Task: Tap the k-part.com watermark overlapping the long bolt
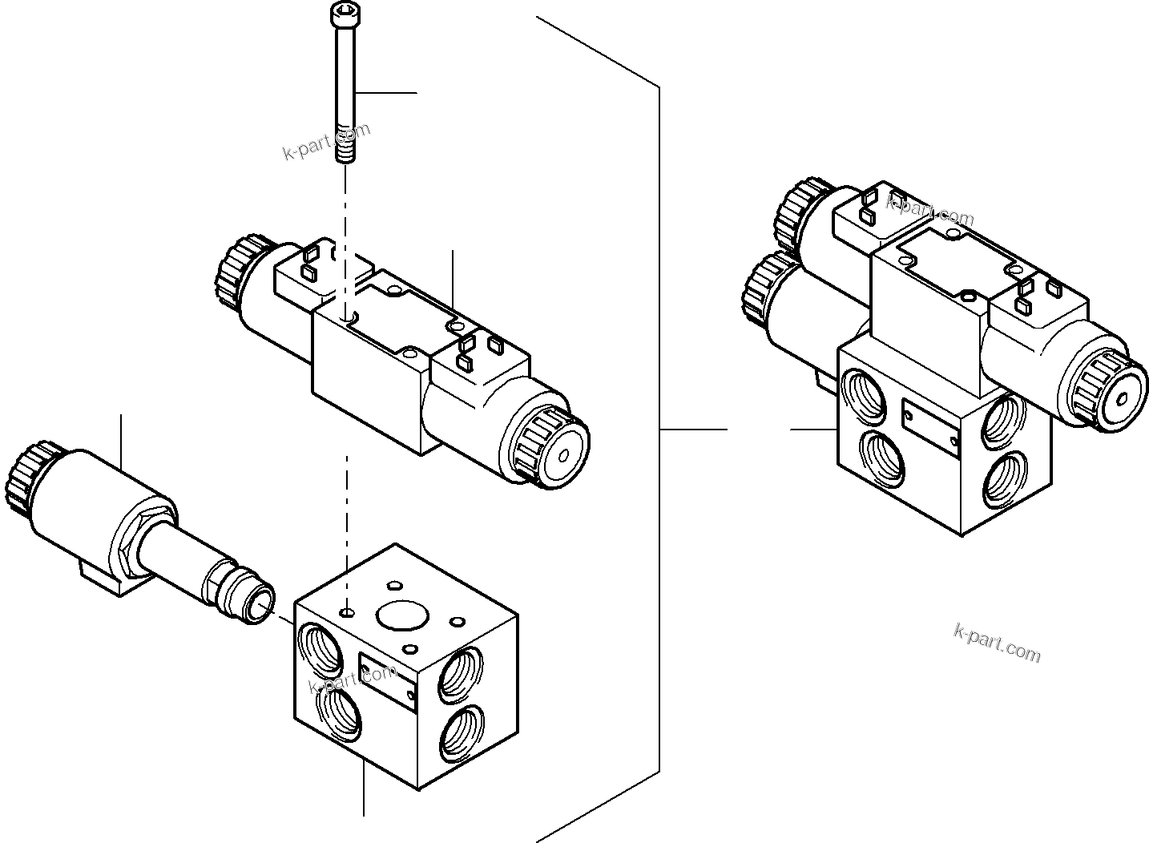(x=326, y=141)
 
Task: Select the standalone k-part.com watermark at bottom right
(x=998, y=643)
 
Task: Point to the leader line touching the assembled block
(x=813, y=430)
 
